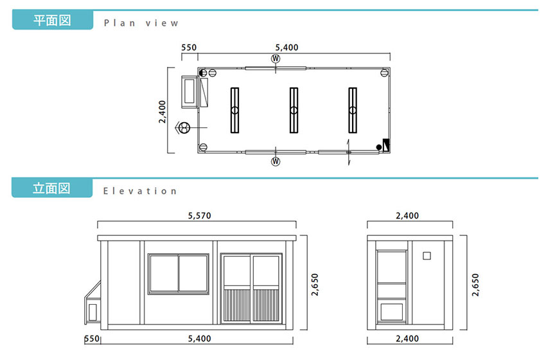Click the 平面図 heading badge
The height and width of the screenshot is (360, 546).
click(x=53, y=20)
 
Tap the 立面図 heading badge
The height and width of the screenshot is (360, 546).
click(x=52, y=188)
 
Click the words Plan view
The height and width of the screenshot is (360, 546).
click(x=141, y=23)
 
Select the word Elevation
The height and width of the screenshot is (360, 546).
click(x=140, y=191)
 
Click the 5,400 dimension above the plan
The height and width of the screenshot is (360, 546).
click(x=286, y=48)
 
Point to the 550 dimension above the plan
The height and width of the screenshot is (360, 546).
click(x=189, y=48)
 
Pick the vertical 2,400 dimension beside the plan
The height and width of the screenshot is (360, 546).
click(x=163, y=111)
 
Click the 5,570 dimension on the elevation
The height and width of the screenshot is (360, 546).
click(x=200, y=216)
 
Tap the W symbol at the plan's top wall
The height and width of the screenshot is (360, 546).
click(x=276, y=59)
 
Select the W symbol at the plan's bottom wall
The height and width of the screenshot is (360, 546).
click(x=276, y=161)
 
